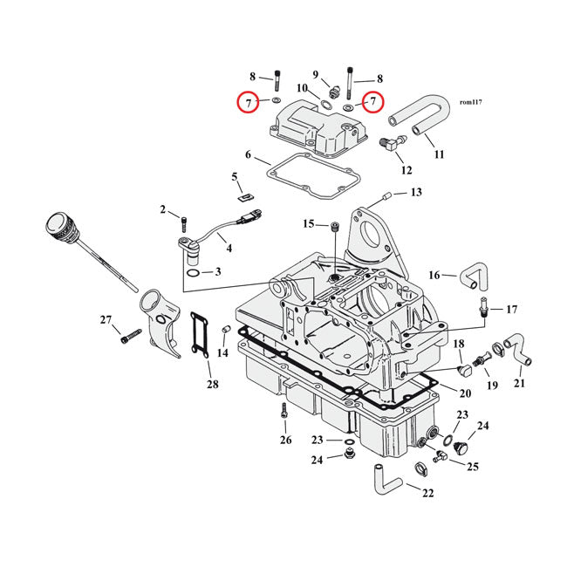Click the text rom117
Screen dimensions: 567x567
click(469, 102)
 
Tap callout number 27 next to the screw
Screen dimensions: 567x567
click(106, 320)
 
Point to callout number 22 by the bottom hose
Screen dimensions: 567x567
click(427, 494)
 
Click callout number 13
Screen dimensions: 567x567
click(415, 192)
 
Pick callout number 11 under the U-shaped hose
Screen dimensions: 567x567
click(439, 154)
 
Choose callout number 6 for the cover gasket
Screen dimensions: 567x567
click(248, 155)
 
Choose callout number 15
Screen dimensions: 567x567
click(308, 224)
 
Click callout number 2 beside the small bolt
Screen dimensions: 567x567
click(162, 209)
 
